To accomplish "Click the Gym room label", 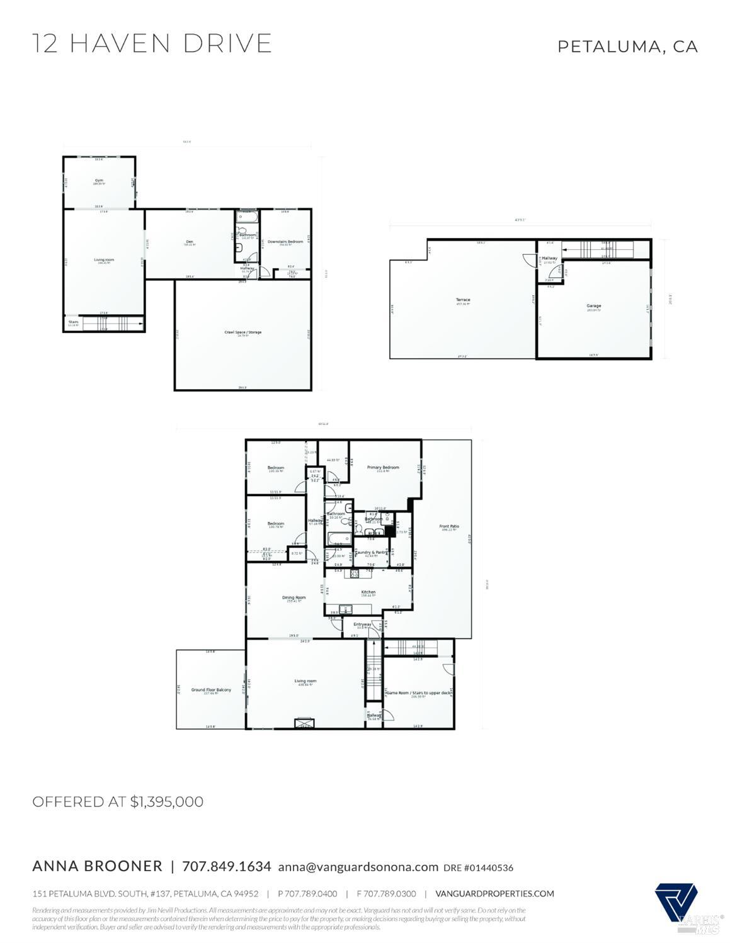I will coord(99,180).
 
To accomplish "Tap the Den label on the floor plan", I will coord(188,242).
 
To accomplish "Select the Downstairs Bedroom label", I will coord(285,242).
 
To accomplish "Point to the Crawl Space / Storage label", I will coord(242,332).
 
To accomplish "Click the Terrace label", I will coord(463,300).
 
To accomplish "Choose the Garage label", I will coord(593,306).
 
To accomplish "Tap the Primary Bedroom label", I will coord(383,467).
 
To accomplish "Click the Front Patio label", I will coord(449,526).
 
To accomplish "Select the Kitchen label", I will coord(368,592).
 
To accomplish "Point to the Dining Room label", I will coord(294,597).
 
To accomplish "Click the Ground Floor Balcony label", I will coord(211,690).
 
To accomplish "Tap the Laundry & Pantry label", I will coord(371,552).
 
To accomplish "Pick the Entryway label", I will coord(362,624).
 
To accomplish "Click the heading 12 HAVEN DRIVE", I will coord(152,43).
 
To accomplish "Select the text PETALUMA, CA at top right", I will coord(627,47).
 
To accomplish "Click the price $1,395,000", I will coord(167,801).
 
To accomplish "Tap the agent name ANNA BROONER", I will coord(97,866).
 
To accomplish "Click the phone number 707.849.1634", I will coord(227,866).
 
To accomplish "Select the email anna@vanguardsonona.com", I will coord(358,867).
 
